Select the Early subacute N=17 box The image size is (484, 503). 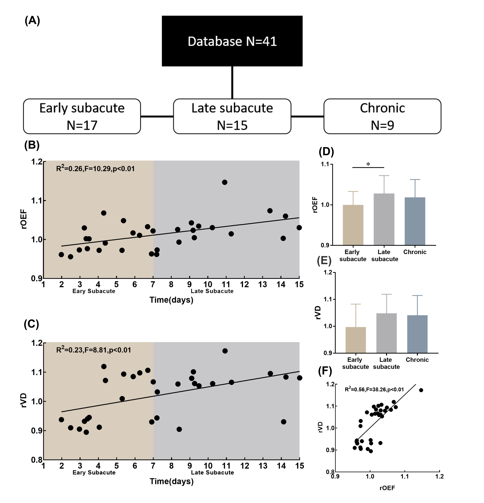point(82,116)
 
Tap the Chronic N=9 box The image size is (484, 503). point(382,116)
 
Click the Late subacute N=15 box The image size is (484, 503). point(232,116)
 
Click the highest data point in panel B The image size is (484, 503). point(225,182)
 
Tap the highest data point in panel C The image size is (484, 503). point(225,351)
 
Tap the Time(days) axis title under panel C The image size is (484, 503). point(171,481)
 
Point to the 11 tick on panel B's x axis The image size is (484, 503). point(226,284)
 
